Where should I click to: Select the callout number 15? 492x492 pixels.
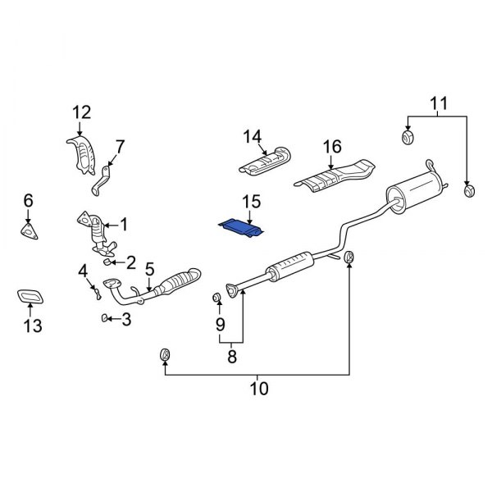(x=250, y=201)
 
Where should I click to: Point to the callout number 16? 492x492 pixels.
(x=331, y=147)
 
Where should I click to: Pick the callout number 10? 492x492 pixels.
(x=258, y=388)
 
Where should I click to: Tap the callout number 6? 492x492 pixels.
(x=28, y=200)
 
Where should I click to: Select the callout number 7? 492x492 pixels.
(x=120, y=148)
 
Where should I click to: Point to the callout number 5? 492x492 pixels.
(x=149, y=268)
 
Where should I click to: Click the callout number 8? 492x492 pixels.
(x=231, y=356)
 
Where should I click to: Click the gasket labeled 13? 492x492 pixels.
(x=31, y=296)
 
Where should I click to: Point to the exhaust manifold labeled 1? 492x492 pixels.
(x=96, y=231)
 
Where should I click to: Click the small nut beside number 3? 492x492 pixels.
(x=103, y=317)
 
